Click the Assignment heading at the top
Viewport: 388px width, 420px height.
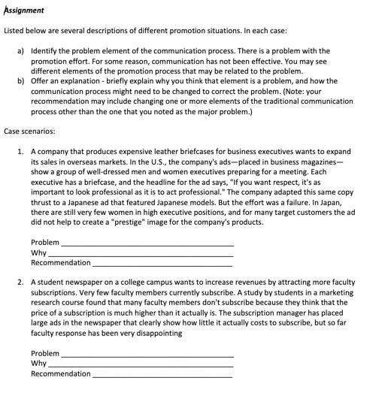click(x=24, y=10)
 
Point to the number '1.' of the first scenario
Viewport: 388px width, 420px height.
click(x=20, y=151)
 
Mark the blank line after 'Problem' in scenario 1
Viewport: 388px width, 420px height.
click(x=147, y=243)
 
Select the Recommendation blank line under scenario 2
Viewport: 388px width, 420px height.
click(x=162, y=374)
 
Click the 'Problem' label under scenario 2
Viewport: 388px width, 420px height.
click(x=44, y=353)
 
